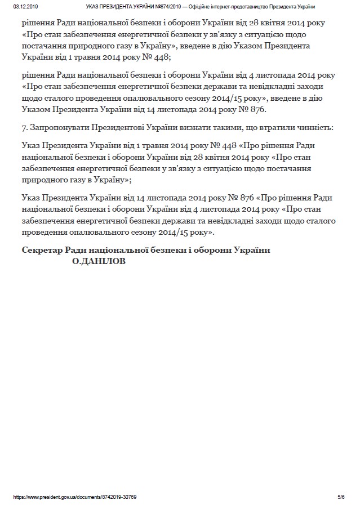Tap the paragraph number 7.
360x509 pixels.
(x=24, y=128)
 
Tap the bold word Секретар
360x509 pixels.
(x=43, y=251)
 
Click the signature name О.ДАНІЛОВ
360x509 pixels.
(x=99, y=261)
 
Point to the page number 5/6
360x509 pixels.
(x=341, y=498)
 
